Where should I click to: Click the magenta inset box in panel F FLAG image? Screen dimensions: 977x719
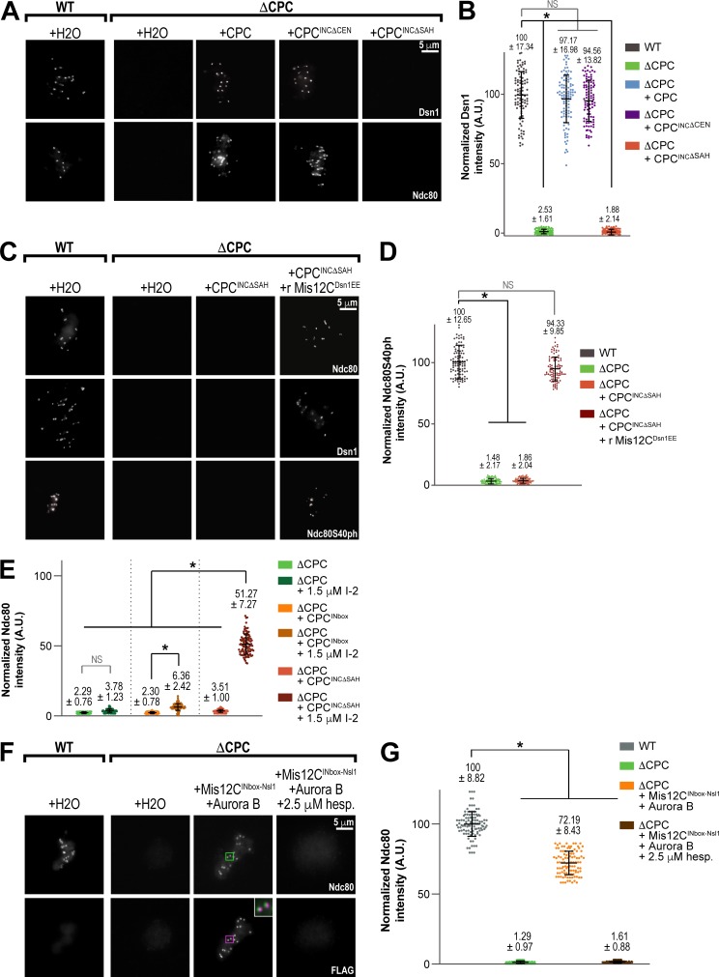(x=230, y=912)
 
